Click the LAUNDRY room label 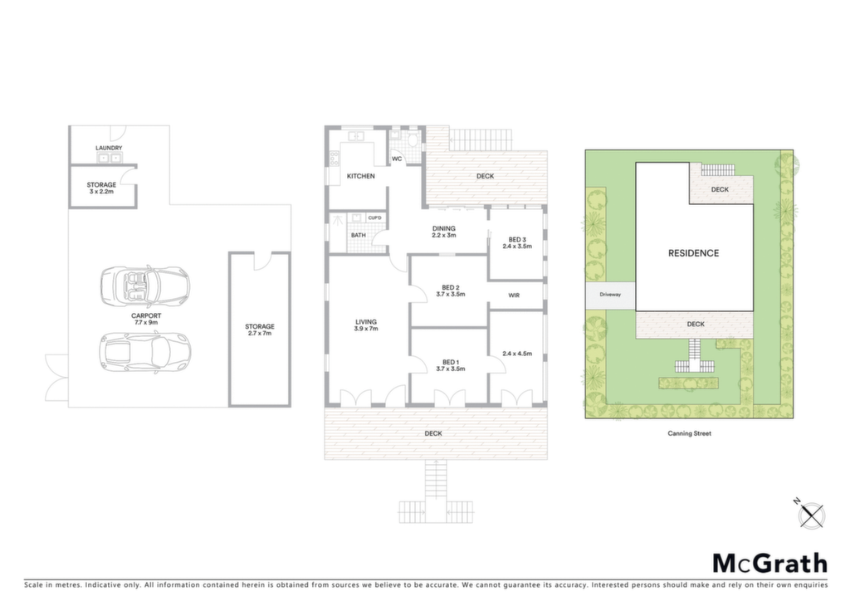[x=109, y=148]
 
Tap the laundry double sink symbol [x=109, y=158]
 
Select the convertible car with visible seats [x=144, y=286]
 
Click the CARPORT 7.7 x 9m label [x=146, y=319]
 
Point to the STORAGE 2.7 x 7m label [x=260, y=330]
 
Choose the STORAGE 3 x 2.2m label [x=101, y=188]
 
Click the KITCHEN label [x=360, y=176]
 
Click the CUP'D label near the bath [x=374, y=217]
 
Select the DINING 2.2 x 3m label [x=444, y=232]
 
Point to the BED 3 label [x=517, y=240]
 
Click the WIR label [x=514, y=296]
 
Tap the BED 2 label [x=451, y=288]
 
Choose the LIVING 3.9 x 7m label [x=366, y=325]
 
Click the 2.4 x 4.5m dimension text [x=517, y=354]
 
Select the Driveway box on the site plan [x=610, y=295]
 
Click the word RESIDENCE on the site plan [x=693, y=253]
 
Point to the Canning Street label [x=689, y=433]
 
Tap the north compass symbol [x=811, y=513]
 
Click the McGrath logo [x=769, y=564]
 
